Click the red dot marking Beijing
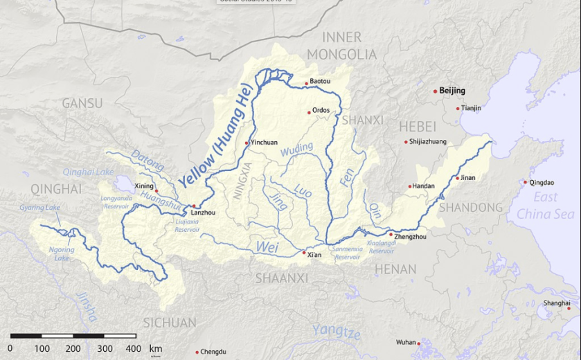coord(435,91)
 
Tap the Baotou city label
coord(320,82)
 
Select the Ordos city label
coord(321,110)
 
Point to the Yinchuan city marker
coord(247,143)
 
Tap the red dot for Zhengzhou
coord(391,234)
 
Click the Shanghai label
coord(557,303)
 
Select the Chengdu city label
coord(213,352)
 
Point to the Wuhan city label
coord(406,342)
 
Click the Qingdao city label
coord(542,183)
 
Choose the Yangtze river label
coord(336,332)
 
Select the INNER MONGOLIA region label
coord(342,46)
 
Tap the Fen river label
coord(348,177)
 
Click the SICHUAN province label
coord(170,323)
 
